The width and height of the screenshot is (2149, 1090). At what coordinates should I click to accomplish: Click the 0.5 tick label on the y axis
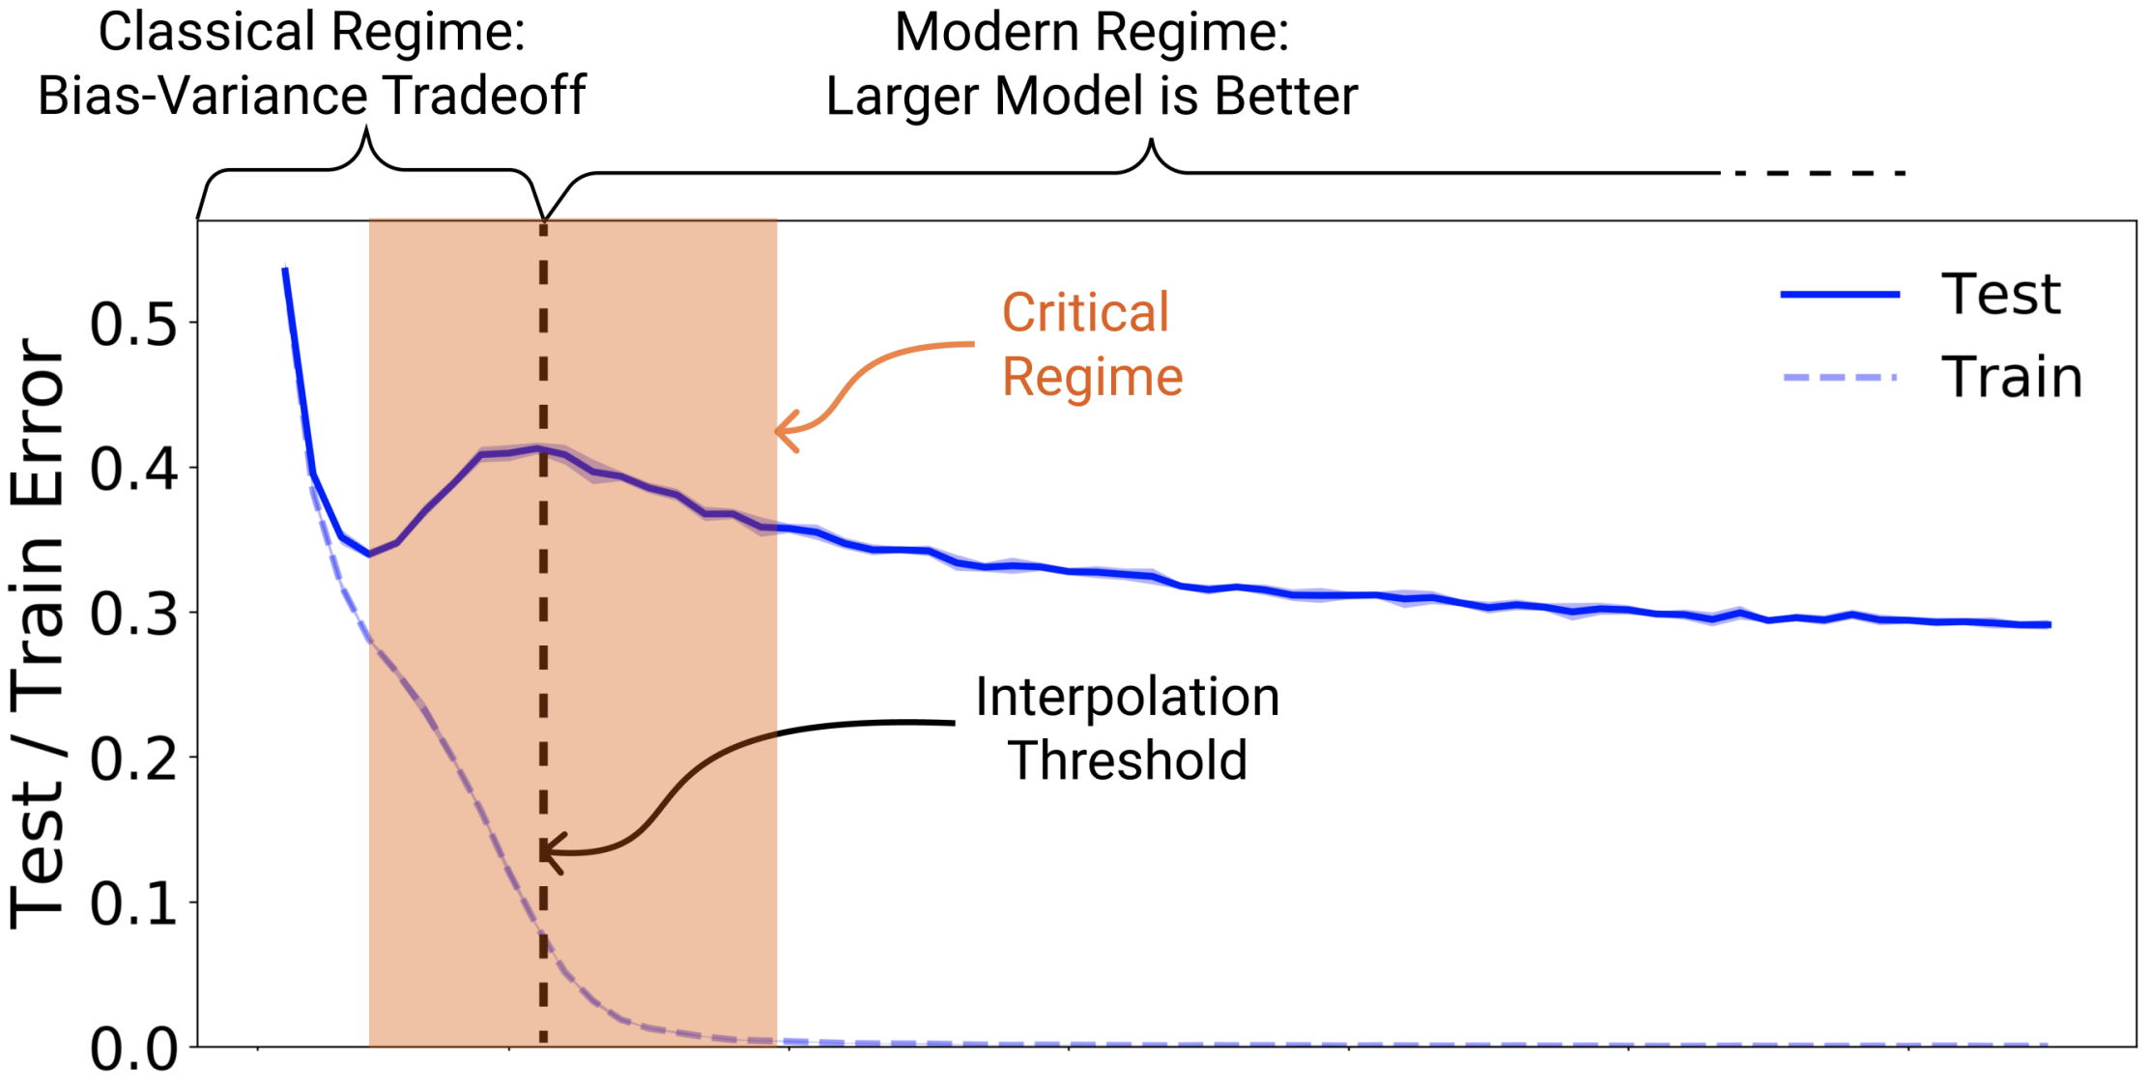coord(133,325)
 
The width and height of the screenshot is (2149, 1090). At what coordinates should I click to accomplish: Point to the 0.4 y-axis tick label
coord(133,470)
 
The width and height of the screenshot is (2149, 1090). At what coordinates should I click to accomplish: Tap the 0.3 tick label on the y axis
coord(133,615)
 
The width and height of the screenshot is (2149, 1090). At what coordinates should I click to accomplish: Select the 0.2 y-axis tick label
coord(133,760)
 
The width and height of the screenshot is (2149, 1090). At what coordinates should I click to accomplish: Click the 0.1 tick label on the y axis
coord(133,904)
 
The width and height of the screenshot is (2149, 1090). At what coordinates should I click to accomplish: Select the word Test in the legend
coord(2000,294)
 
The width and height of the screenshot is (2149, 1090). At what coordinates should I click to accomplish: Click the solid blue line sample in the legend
coord(1840,294)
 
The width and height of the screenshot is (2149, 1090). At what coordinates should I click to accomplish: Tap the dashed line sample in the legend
coord(1840,377)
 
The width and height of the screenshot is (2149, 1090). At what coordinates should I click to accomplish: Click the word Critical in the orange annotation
coord(1085,313)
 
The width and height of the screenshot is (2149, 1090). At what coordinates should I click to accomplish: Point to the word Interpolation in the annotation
coord(1127,697)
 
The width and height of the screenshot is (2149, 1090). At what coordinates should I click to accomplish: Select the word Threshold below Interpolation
coord(1128,760)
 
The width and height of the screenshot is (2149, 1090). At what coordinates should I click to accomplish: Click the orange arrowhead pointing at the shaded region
coord(785,431)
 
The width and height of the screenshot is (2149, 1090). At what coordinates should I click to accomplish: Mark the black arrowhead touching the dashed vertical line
coord(549,852)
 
